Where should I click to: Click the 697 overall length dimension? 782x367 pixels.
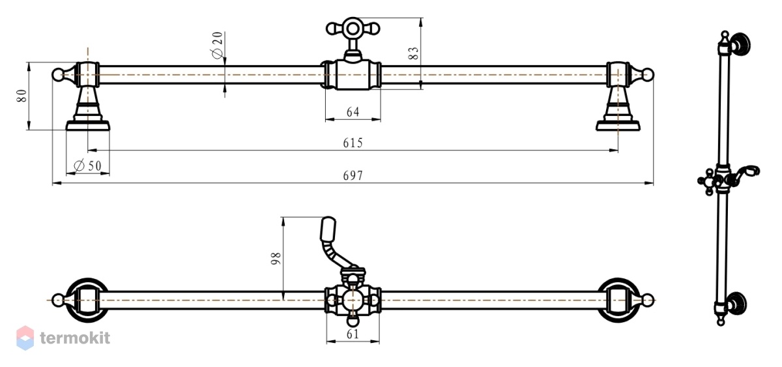(353, 175)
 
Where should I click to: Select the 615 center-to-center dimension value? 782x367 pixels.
(353, 143)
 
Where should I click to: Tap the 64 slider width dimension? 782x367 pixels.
(353, 111)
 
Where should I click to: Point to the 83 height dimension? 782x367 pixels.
(413, 53)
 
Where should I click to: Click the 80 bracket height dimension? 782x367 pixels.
(22, 96)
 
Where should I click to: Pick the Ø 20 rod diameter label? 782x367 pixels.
(217, 46)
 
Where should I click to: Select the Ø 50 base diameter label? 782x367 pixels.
(87, 166)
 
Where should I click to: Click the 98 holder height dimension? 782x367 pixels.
(276, 258)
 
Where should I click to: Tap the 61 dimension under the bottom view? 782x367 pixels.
(353, 334)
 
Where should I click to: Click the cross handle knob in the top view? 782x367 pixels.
(353, 29)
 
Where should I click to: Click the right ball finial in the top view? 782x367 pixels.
(648, 74)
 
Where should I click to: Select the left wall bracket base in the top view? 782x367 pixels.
(88, 125)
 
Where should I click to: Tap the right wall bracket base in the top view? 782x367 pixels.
(618, 125)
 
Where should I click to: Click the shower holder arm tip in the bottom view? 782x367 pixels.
(328, 228)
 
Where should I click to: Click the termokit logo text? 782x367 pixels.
(75, 338)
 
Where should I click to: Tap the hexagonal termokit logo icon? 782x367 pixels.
(25, 338)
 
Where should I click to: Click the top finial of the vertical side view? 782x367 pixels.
(725, 36)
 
